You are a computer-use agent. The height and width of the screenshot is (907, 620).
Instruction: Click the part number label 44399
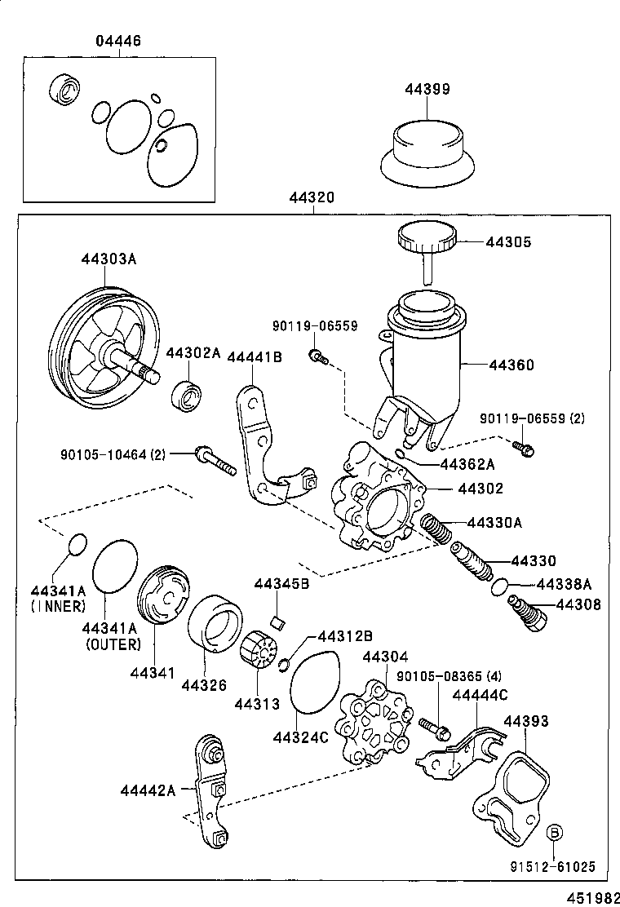427,89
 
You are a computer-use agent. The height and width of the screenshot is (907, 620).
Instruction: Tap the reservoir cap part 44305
425,239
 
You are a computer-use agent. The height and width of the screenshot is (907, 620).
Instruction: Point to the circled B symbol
554,832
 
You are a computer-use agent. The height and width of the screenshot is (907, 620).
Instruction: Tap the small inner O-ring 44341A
76,544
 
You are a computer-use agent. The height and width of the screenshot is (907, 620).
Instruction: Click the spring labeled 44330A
436,531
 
